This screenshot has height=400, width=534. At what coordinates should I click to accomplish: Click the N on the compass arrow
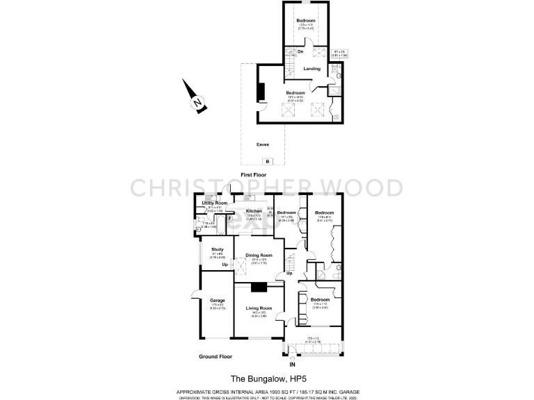tap(198, 104)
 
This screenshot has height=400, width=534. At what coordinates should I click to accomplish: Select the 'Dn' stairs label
tap(300, 51)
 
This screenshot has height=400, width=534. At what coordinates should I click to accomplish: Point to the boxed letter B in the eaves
tap(268, 161)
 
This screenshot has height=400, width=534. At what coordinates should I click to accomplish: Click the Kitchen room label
tap(253, 210)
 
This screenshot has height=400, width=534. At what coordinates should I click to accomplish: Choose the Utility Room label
tap(215, 203)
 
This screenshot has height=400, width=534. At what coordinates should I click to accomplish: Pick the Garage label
tap(218, 300)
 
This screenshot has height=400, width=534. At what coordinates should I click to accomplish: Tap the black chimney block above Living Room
tap(259, 288)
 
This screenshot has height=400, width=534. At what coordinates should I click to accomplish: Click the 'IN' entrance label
tap(292, 363)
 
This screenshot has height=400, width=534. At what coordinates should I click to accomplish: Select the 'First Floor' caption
tap(254, 174)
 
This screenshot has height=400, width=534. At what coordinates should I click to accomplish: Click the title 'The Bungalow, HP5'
tap(267, 379)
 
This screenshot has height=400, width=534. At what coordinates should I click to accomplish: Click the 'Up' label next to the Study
tap(225, 265)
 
